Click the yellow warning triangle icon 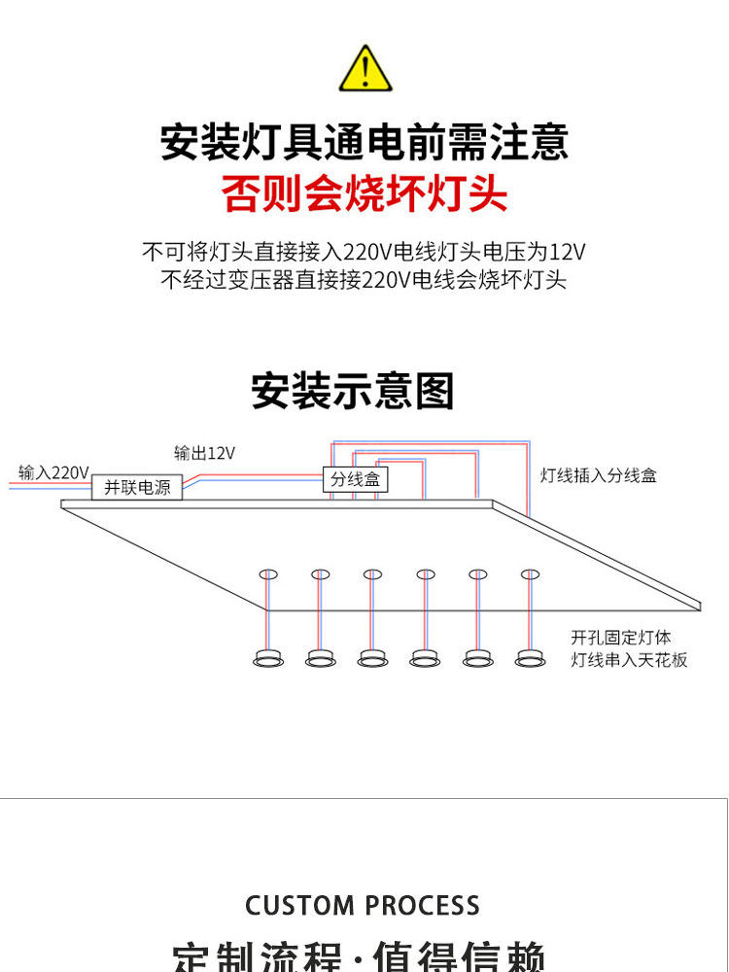[x=364, y=70]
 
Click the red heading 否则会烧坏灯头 [x=364, y=192]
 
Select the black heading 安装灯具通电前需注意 [x=364, y=142]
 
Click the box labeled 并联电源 [x=137, y=487]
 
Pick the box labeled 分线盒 [x=355, y=479]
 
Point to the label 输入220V [x=53, y=473]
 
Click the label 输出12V [x=204, y=453]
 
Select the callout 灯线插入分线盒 [x=599, y=475]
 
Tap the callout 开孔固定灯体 [x=620, y=639]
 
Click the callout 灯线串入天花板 [x=629, y=660]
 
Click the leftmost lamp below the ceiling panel [x=268, y=658]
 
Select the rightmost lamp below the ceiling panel [x=530, y=658]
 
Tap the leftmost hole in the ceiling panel [x=268, y=573]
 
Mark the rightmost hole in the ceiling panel [x=530, y=573]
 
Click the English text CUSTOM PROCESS [x=363, y=906]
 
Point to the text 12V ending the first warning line [x=567, y=253]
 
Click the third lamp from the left [x=372, y=658]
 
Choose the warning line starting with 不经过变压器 [x=364, y=281]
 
